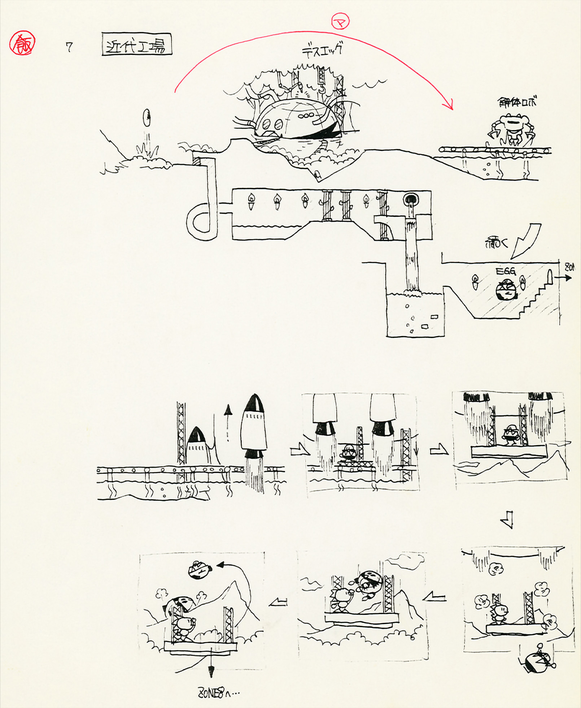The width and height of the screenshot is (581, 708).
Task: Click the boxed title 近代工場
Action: pos(137,45)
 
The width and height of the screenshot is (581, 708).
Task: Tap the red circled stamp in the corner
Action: pos(22,43)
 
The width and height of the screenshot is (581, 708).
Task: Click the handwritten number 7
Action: pos(69,47)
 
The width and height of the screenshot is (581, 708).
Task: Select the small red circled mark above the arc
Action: pos(340,22)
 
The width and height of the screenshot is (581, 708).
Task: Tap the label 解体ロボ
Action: pos(517,102)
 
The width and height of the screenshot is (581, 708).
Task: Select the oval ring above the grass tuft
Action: pos(147,118)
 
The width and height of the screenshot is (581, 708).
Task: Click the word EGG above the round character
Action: pos(506,271)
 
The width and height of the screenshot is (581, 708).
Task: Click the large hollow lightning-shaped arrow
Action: pos(527,241)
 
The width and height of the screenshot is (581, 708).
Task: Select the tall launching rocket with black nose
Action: pos(254,430)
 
